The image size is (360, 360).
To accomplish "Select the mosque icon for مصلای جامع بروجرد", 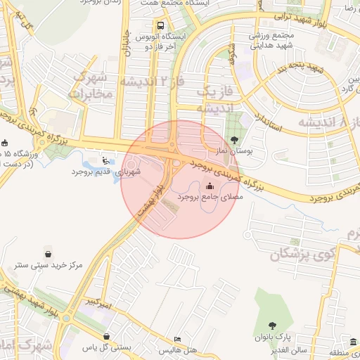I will coord(210,186).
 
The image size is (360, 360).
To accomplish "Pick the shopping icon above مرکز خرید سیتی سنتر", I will coord(47,254).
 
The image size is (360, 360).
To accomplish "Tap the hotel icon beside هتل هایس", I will coord(177,339).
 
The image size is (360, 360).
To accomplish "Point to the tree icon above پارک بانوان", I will coord(272,325).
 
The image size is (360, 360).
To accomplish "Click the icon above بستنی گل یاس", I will coord(106,336).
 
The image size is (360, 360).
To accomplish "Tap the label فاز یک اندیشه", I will coord(212,99).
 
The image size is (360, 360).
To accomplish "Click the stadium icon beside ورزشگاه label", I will coord(5,143).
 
